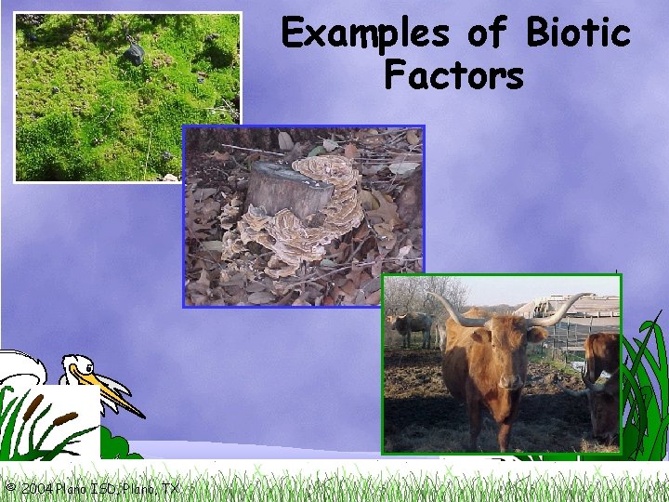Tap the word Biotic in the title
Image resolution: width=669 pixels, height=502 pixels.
577,34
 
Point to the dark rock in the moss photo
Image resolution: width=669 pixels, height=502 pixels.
136,54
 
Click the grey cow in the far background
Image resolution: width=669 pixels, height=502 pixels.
410,326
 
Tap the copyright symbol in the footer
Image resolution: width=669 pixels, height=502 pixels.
8,488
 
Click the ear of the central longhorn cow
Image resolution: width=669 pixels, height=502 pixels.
537,334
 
